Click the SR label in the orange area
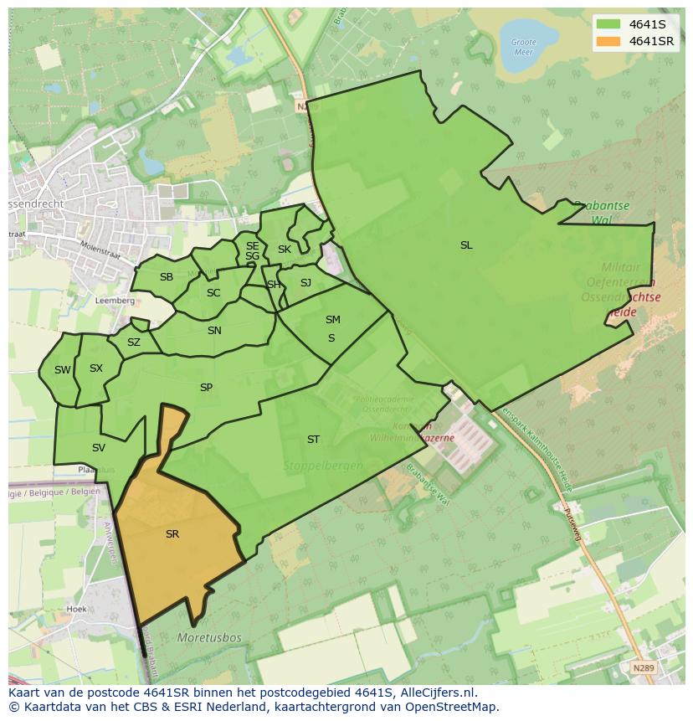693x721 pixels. [x=172, y=534]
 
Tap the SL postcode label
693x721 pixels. [x=466, y=245]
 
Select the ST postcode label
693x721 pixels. [x=313, y=439]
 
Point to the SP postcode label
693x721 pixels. [x=206, y=388]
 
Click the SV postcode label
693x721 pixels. [x=99, y=448]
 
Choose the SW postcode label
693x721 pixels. [x=63, y=370]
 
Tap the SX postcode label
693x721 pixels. [x=96, y=368]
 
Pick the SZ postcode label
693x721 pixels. [x=134, y=342]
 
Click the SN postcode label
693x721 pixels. [x=214, y=331]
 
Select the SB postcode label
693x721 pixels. [x=167, y=277]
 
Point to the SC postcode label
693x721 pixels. [x=213, y=293]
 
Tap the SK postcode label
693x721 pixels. [x=285, y=250]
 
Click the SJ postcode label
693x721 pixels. [x=305, y=283]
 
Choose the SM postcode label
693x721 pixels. [x=333, y=320]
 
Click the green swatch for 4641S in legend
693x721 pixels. [x=608, y=24]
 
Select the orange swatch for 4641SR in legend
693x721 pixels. [x=608, y=41]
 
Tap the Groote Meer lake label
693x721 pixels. [x=523, y=46]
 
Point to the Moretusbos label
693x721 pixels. [x=209, y=638]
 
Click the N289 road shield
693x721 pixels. [x=643, y=667]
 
